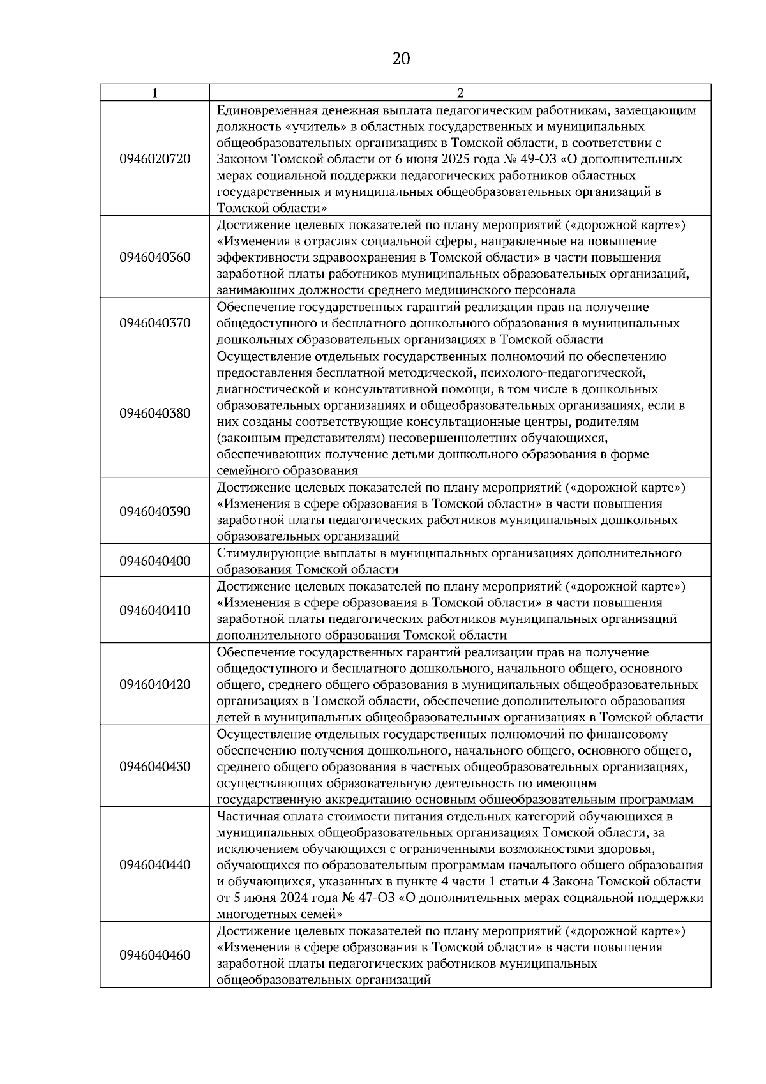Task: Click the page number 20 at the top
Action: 401,59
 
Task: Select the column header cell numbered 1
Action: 154,93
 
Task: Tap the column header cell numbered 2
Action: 460,93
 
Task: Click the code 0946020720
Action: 154,158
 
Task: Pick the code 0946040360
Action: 154,257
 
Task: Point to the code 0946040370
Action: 154,323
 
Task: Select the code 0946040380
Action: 154,413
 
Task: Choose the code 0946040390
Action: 154,511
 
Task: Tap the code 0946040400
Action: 154,561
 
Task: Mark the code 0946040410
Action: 154,610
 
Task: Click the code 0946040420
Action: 154,684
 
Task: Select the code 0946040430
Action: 154,766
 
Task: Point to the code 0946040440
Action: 154,865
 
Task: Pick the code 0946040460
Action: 154,955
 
